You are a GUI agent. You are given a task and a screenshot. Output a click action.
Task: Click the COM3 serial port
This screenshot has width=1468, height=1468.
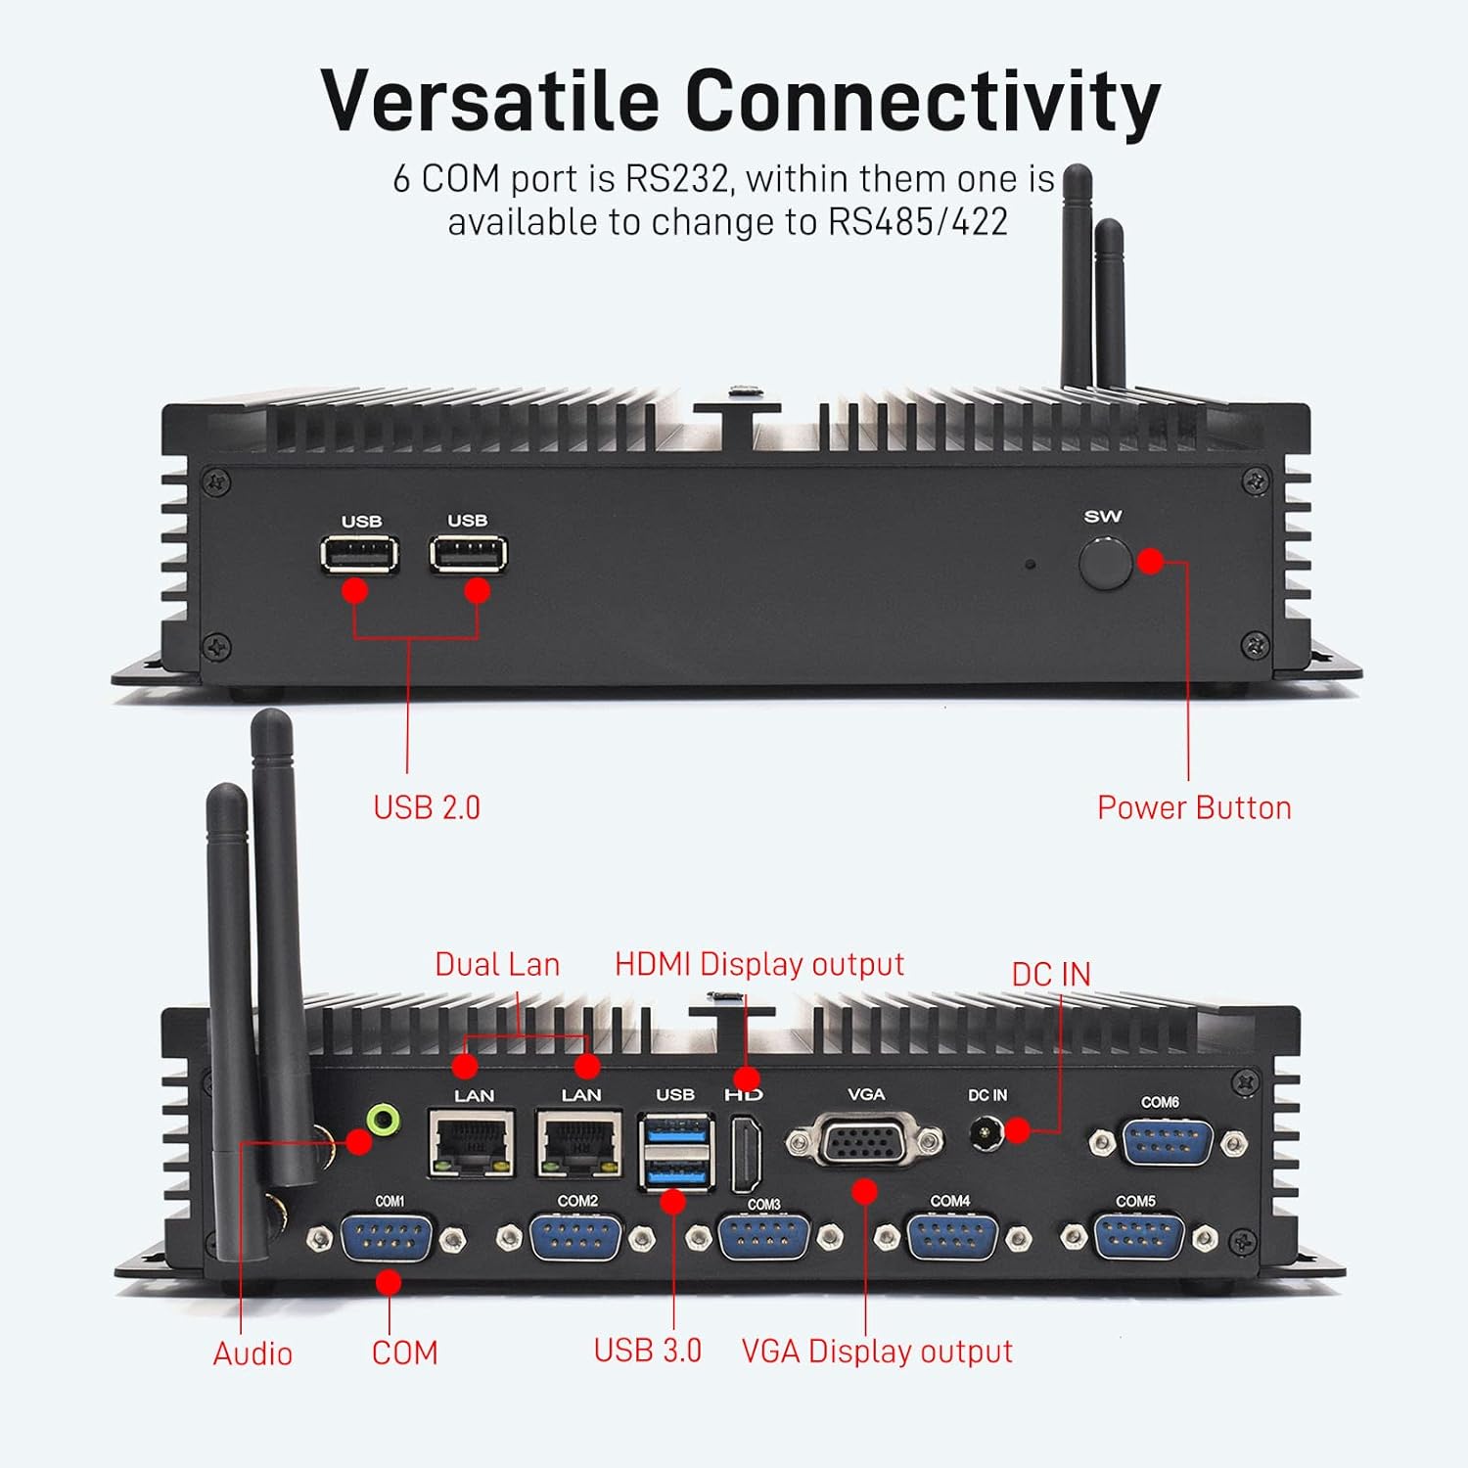[x=763, y=1238]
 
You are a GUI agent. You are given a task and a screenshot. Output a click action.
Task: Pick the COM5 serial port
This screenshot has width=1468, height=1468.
[x=1138, y=1237]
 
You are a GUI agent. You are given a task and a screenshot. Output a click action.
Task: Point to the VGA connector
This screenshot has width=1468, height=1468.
[x=865, y=1140]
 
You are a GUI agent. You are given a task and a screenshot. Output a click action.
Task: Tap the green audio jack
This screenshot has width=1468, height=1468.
[x=383, y=1119]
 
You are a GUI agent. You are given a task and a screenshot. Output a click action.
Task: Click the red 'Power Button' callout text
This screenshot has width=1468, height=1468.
[x=1194, y=807]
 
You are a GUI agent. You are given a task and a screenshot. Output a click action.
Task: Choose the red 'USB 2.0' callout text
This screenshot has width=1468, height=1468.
[x=427, y=807]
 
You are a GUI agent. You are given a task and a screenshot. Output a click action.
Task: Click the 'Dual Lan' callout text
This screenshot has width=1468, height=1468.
[x=497, y=964]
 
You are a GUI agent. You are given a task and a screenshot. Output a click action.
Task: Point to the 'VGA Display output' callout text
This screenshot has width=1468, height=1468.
[x=877, y=1352]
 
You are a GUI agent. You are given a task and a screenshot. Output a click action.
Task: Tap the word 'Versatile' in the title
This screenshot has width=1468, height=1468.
[x=490, y=101]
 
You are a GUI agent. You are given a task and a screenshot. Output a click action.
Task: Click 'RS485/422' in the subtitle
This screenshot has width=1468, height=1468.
[x=918, y=222]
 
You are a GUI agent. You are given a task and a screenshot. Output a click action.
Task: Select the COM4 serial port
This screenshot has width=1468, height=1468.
[x=951, y=1238]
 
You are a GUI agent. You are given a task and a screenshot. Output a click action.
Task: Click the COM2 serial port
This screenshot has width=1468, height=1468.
[x=574, y=1238]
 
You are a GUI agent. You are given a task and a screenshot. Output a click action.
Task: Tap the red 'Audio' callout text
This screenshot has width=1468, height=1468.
[x=252, y=1353]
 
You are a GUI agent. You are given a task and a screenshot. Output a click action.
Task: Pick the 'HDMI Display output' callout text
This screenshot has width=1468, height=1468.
[x=759, y=964]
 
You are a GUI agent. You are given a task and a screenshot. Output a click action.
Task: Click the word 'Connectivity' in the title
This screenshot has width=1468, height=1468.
[x=922, y=101]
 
